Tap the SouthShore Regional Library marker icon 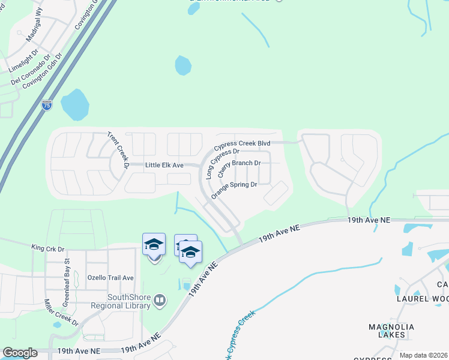point(160,299)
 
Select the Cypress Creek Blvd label point(243,144)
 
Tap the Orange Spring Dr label point(234,188)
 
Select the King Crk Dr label point(48,247)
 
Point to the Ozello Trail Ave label point(110,278)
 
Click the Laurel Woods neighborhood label point(421,298)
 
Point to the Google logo point(20,353)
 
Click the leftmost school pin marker point(154,245)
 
